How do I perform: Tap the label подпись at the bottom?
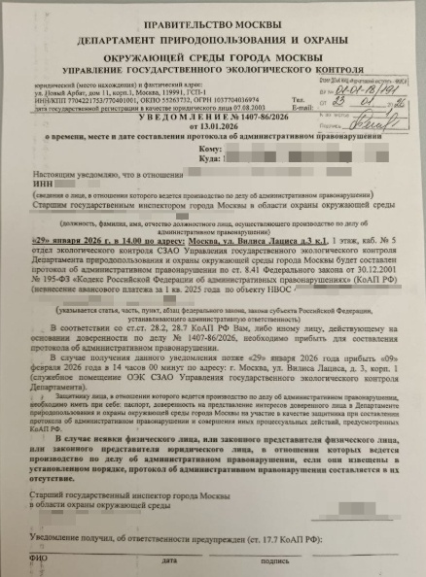click(x=275, y=560)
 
